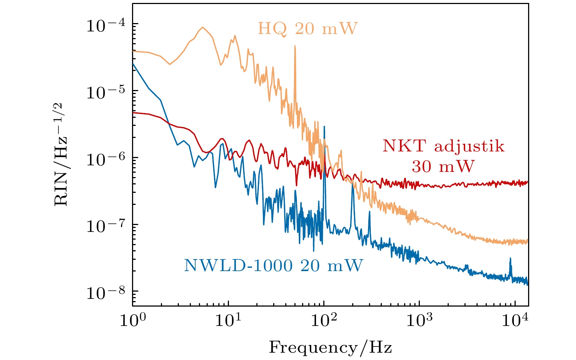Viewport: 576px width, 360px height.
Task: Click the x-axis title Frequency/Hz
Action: pos(330,347)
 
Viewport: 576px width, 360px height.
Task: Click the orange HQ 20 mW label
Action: pos(307,29)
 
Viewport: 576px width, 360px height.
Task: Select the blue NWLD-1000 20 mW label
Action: pos(273,265)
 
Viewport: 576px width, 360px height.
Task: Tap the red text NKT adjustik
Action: pos(443,146)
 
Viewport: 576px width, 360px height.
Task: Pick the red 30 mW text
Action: pos(443,166)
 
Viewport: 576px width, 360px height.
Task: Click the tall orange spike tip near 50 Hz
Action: pos(295,46)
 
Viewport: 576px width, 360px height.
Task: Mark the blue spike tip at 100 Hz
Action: pos(324,126)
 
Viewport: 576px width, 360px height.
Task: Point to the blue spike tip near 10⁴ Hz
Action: pos(510,258)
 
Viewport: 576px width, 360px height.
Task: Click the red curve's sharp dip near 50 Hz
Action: pos(296,185)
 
